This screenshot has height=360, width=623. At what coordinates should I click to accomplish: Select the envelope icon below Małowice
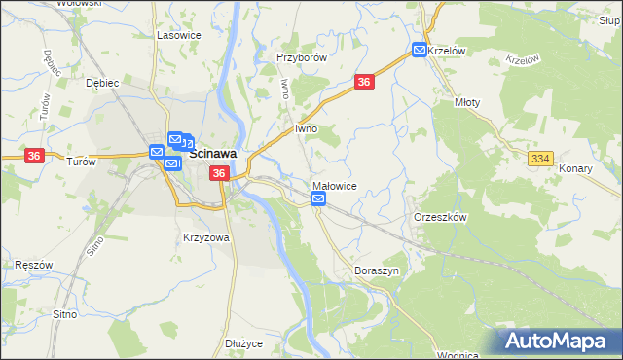tap(318, 199)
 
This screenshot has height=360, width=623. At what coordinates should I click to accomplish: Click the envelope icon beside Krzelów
tap(419, 51)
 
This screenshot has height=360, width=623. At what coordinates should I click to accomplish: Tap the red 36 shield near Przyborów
tap(364, 84)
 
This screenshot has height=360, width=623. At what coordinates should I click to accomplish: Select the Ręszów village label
tap(33, 265)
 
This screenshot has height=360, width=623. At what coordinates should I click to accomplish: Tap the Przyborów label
tap(300, 57)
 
